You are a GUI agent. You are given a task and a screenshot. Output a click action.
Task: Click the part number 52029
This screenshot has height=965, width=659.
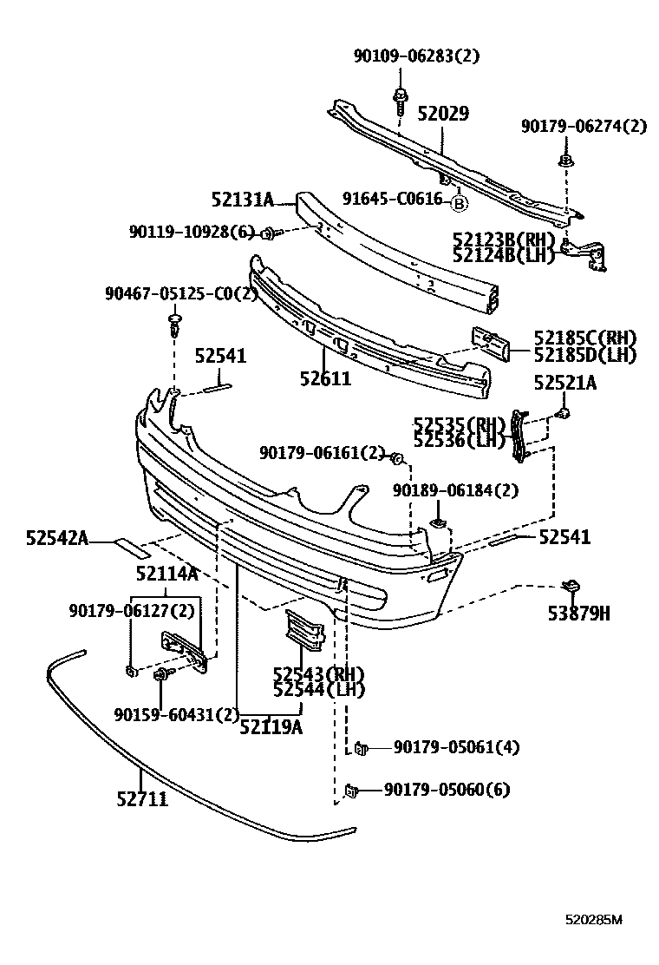tap(442, 114)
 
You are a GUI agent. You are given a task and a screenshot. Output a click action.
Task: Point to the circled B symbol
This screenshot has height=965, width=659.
tap(459, 204)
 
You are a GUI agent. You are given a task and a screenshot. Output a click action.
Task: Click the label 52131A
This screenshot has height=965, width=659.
tap(242, 200)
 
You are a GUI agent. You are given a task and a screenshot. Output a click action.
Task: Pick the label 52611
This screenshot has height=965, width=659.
tap(325, 378)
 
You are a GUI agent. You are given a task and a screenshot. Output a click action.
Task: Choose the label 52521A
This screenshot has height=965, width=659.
tap(564, 382)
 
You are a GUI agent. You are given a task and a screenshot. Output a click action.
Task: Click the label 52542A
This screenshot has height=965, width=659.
tap(57, 539)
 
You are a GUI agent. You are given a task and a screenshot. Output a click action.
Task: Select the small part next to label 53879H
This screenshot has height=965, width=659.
tap(573, 588)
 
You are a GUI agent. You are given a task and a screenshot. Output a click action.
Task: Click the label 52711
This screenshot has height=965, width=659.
tap(142, 798)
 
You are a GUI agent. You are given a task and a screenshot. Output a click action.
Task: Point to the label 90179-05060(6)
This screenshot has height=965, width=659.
tap(447, 790)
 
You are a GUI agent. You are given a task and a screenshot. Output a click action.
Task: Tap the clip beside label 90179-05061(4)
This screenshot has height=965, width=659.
tap(360, 746)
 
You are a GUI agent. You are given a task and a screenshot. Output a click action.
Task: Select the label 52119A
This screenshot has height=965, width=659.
tap(271, 727)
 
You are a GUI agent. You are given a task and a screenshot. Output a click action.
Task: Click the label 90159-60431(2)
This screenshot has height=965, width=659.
tap(176, 714)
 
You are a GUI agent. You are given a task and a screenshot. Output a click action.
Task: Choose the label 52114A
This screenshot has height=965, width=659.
tap(166, 574)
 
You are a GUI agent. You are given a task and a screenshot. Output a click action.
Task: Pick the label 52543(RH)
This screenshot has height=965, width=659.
tap(318, 674)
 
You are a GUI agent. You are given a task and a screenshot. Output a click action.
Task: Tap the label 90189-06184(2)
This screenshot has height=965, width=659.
tap(454, 490)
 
